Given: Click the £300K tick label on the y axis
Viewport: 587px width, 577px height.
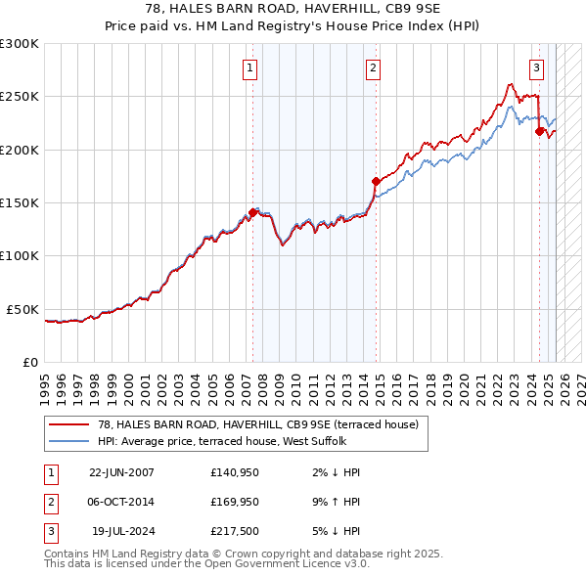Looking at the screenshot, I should pyautogui.click(x=20, y=44).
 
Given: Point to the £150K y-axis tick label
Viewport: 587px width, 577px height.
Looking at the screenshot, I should pyautogui.click(x=20, y=203).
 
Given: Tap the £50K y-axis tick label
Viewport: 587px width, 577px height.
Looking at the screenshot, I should pyautogui.click(x=23, y=309).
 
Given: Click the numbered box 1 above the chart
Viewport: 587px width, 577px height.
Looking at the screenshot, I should pyautogui.click(x=251, y=68).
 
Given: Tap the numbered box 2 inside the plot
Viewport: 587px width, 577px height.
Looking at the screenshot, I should pyautogui.click(x=374, y=68).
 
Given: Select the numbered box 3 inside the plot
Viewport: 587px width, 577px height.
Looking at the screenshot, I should pyautogui.click(x=537, y=68).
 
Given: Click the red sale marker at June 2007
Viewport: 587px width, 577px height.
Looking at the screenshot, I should pyautogui.click(x=252, y=212).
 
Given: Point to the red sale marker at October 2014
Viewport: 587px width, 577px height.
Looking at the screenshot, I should pyautogui.click(x=376, y=181).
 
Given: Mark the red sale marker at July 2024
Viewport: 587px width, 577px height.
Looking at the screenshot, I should pyautogui.click(x=539, y=131).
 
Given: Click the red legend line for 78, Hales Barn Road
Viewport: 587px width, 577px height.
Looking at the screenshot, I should pyautogui.click(x=69, y=424).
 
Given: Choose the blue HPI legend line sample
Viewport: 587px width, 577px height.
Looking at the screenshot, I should pyautogui.click(x=69, y=440).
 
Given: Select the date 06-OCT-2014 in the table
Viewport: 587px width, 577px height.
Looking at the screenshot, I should pyautogui.click(x=121, y=502).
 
